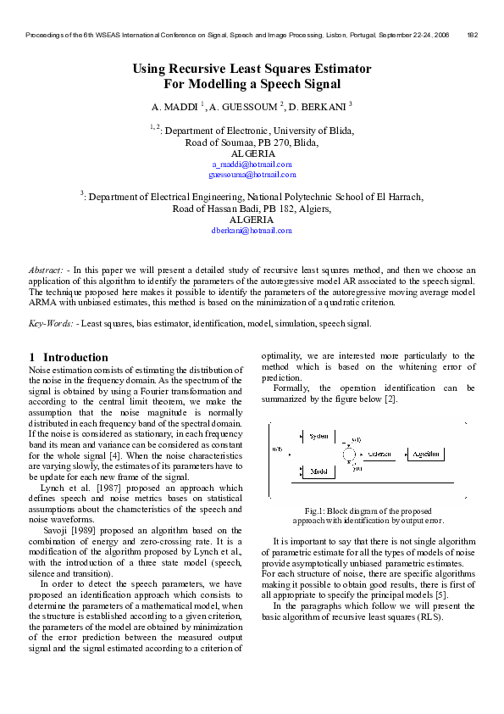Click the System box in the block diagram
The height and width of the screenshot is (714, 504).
pyautogui.click(x=319, y=436)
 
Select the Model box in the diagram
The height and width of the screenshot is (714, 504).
pyautogui.click(x=318, y=471)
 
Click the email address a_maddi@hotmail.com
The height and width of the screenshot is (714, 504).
pyautogui.click(x=252, y=164)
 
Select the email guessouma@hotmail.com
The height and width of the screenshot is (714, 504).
pyautogui.click(x=252, y=175)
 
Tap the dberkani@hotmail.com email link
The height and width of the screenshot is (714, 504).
pyautogui.click(x=252, y=230)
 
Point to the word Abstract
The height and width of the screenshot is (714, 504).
pyautogui.click(x=46, y=269)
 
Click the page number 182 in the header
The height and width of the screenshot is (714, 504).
pyautogui.click(x=473, y=35)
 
